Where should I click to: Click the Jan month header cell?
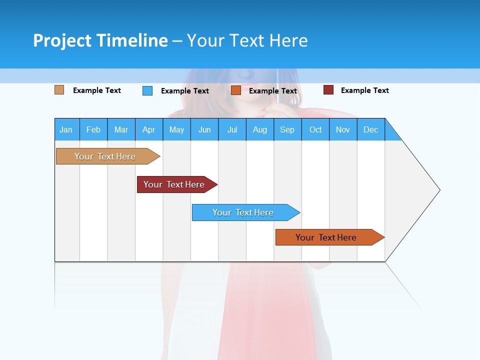66,129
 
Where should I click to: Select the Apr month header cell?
148,129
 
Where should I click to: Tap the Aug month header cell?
259,129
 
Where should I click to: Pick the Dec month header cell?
370,129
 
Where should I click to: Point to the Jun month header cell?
204,129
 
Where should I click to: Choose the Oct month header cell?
315,129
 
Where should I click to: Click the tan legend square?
59,90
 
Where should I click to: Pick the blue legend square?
147,90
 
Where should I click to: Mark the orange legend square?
236,90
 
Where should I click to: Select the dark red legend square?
328,90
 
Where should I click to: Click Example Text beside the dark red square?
364,90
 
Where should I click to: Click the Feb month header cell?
93,129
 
